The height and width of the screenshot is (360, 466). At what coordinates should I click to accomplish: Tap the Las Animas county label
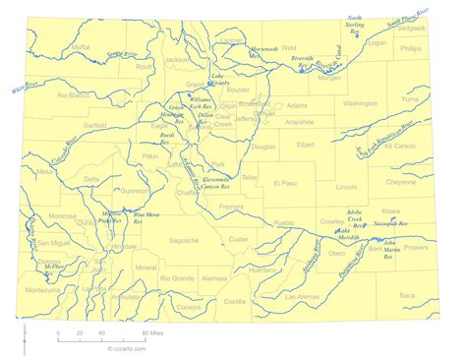click(x=303, y=295)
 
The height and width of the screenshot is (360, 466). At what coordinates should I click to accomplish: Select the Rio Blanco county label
click(x=76, y=95)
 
